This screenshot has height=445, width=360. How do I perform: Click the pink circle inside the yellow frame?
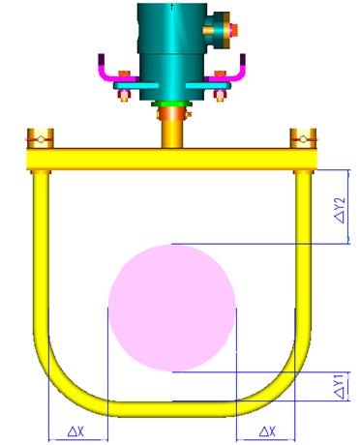pos(172,308)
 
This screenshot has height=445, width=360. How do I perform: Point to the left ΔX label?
pos(76,431)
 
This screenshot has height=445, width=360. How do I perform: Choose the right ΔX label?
pos(268,431)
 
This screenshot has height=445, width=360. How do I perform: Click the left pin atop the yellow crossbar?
pos(41,138)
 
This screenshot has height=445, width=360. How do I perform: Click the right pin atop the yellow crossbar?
pos(303,138)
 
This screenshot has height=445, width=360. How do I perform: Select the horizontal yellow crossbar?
pos(171,159)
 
